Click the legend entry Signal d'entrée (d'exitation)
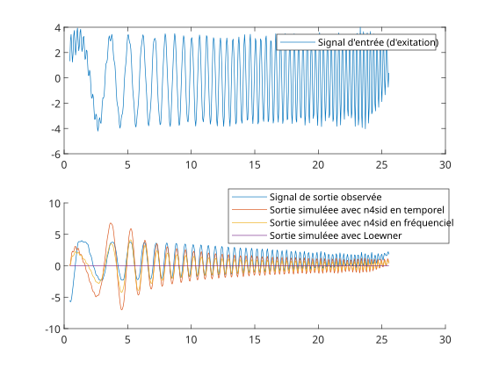378,42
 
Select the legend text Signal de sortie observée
325,197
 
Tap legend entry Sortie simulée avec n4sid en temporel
357,210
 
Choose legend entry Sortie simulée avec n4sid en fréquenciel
361,223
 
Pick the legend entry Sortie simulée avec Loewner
336,235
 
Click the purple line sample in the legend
250,235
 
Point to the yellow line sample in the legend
250,222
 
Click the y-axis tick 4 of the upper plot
57,28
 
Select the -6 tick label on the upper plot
56,154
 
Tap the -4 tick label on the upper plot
56,128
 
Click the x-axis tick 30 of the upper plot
445,165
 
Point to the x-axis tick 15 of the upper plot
255,165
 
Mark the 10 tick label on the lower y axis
54,203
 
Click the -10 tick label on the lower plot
53,329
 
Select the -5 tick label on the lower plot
56,298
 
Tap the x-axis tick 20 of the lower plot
318,339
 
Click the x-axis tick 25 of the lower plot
382,339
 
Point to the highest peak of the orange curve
111,223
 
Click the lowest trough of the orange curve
122,309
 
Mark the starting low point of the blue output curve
70,302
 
